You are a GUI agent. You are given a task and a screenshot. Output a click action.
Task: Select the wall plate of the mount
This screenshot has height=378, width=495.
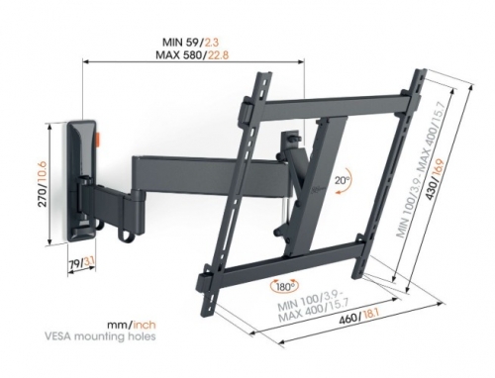click(85, 180)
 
